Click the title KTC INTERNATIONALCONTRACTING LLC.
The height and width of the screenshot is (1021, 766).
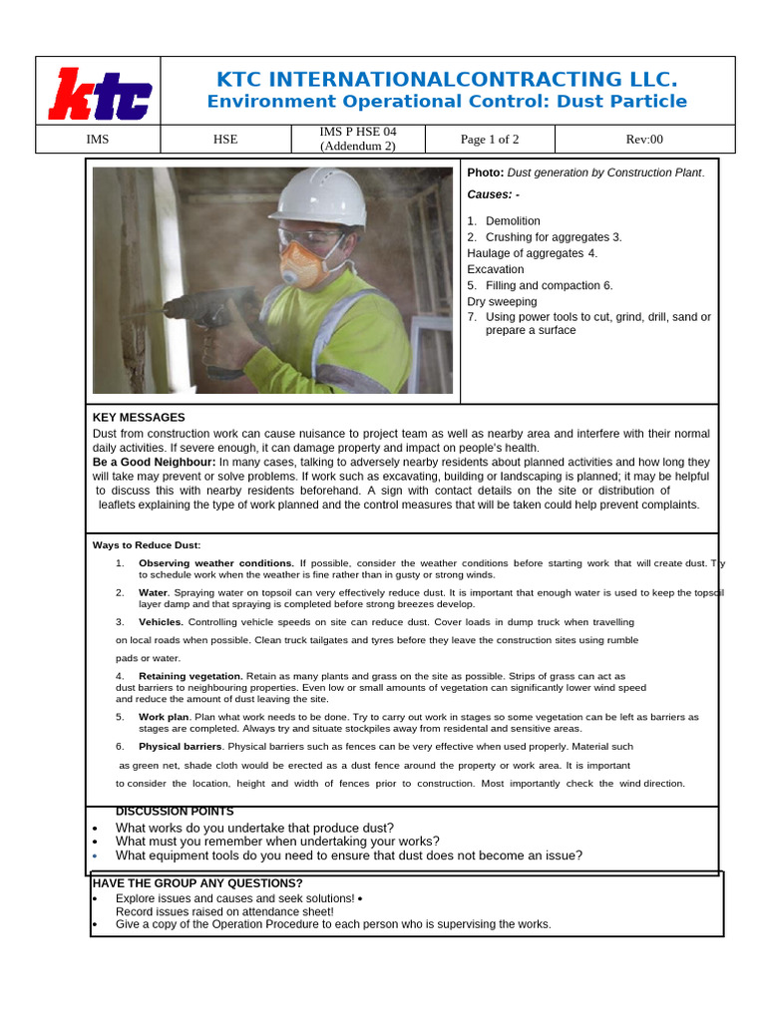(x=446, y=80)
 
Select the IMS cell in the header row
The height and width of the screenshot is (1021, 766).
(x=98, y=140)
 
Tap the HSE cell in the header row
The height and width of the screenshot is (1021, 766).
(x=225, y=140)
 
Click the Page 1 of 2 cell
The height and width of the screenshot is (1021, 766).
(x=490, y=140)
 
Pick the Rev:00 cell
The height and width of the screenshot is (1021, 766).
(x=644, y=140)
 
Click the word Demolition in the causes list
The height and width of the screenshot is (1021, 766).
(x=513, y=221)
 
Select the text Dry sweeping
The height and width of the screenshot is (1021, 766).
(x=502, y=301)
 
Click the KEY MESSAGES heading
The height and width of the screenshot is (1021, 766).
(x=139, y=418)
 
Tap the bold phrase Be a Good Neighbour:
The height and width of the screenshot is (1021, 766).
(x=154, y=463)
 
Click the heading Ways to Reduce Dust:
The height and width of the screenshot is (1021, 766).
(x=147, y=545)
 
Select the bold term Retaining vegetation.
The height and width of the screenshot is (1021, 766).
(x=191, y=676)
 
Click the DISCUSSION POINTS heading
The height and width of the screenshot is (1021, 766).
(x=175, y=812)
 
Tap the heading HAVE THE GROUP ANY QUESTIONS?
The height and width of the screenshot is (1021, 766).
(x=197, y=883)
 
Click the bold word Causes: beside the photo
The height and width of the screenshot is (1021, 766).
(x=493, y=194)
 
